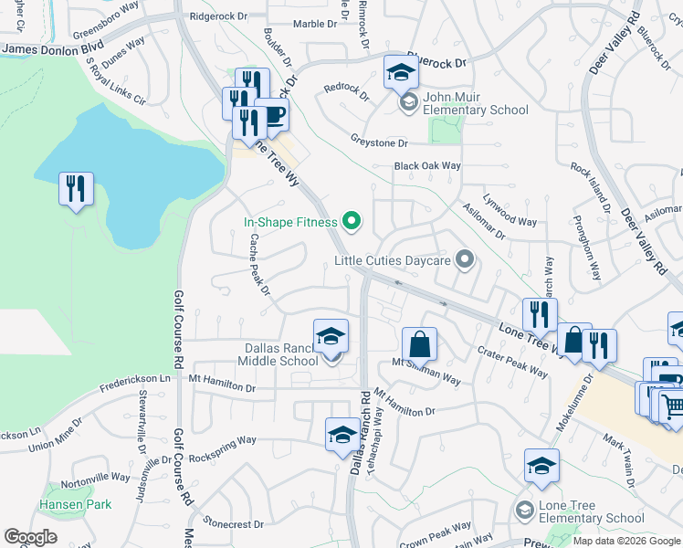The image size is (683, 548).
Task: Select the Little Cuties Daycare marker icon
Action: point(465,260)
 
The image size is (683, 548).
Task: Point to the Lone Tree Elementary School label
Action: point(592,511)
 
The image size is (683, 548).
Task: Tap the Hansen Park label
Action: point(75,504)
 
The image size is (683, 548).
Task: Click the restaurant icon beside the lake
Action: point(75,189)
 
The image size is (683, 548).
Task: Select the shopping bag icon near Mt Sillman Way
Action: point(419,345)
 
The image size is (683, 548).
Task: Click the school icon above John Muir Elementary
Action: point(400,71)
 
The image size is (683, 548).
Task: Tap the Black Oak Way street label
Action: point(427,166)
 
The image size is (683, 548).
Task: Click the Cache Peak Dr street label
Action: point(259,265)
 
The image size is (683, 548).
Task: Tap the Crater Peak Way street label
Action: point(513,363)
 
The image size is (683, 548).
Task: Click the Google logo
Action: point(31,537)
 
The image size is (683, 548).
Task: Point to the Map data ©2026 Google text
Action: point(625,541)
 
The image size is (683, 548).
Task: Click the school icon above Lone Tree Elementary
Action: point(541,465)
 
